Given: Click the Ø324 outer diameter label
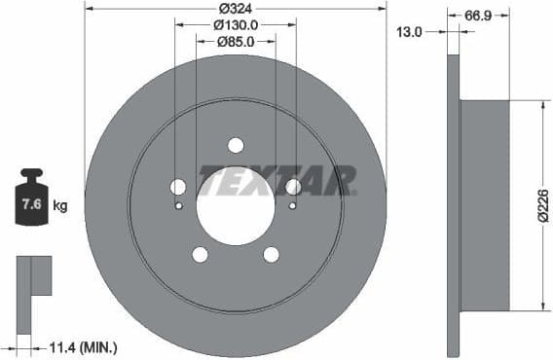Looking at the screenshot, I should click(x=236, y=9).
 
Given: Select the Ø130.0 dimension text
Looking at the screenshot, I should click(x=235, y=25).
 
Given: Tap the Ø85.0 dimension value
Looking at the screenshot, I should click(x=235, y=42).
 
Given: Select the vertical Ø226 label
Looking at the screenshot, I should click(x=543, y=205).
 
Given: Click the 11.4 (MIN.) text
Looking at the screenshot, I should click(x=84, y=345).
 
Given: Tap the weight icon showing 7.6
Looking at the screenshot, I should click(x=32, y=202).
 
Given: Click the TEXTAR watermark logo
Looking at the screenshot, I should click(x=277, y=181).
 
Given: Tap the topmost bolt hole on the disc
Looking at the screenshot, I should click(x=235, y=145).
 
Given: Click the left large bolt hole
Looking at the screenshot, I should click(x=177, y=187).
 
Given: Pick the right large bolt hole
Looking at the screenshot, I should click(x=293, y=187).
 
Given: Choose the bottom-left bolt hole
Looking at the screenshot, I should click(x=200, y=255).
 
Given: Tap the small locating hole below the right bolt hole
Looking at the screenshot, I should click(x=293, y=205).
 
